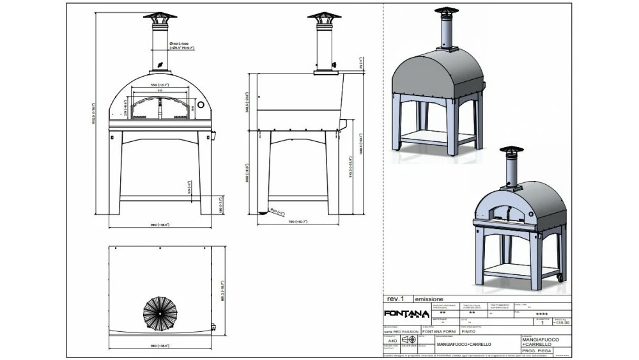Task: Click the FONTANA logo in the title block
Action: (x=405, y=313)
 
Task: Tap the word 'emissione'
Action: (x=429, y=299)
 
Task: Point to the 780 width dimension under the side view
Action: (x=298, y=222)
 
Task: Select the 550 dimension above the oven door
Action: (x=159, y=85)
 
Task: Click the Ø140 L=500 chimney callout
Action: (x=181, y=45)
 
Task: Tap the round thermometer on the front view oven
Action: (x=200, y=105)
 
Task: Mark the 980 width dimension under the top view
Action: (x=160, y=345)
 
